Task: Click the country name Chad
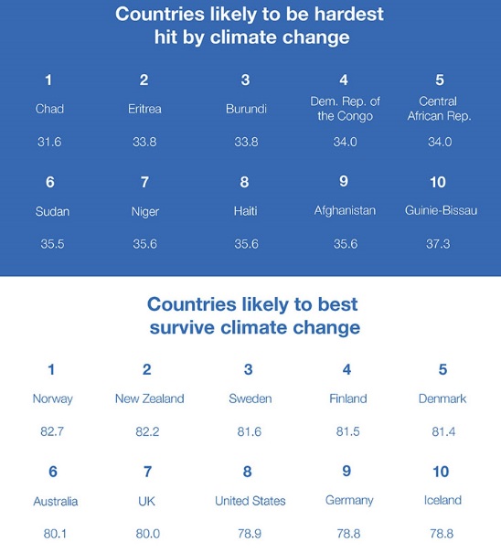click(49, 109)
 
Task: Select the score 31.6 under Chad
click(49, 142)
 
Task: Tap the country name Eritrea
click(144, 109)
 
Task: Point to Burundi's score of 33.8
click(246, 142)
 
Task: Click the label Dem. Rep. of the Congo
click(345, 109)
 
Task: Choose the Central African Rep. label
click(439, 109)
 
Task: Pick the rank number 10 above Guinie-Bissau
click(438, 182)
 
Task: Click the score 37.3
click(438, 244)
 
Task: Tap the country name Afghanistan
click(345, 211)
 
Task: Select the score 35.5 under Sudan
click(52, 244)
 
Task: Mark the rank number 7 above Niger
click(144, 182)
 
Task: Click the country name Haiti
click(246, 211)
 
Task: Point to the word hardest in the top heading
click(349, 14)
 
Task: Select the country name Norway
click(53, 398)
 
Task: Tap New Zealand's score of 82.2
click(147, 431)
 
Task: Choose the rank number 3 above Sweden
click(248, 369)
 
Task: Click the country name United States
click(250, 501)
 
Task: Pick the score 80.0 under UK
click(148, 534)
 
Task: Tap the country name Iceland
click(442, 500)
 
